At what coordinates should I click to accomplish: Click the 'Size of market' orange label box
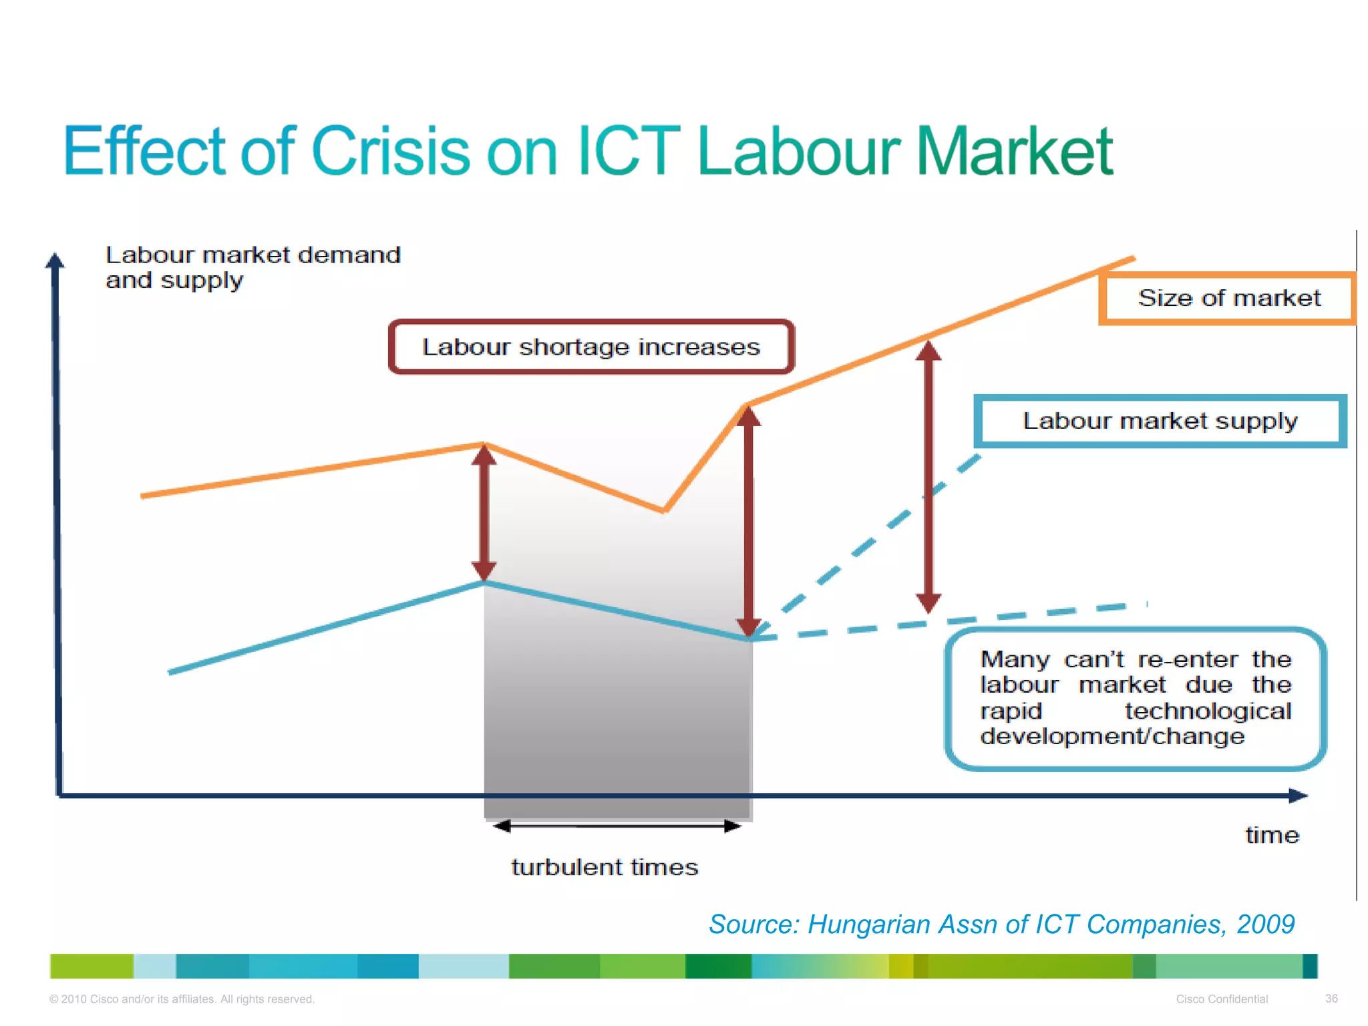(x=1228, y=299)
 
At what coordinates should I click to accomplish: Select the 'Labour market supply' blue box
(x=1160, y=421)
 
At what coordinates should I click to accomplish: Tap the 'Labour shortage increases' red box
(x=591, y=347)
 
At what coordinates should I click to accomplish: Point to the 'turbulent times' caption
(x=605, y=867)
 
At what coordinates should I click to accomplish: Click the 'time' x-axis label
(x=1272, y=836)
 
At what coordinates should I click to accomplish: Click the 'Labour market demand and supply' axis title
(x=252, y=267)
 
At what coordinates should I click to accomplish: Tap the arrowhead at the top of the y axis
(x=55, y=261)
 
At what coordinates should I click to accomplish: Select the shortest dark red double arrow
(x=484, y=513)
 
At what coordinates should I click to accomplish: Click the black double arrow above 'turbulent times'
(x=617, y=826)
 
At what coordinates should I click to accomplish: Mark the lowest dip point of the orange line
(x=663, y=511)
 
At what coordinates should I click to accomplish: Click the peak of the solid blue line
(x=484, y=582)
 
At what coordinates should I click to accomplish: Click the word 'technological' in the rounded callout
(x=1208, y=711)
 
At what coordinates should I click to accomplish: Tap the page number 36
(x=1331, y=999)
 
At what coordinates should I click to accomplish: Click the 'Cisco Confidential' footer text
(x=1222, y=999)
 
